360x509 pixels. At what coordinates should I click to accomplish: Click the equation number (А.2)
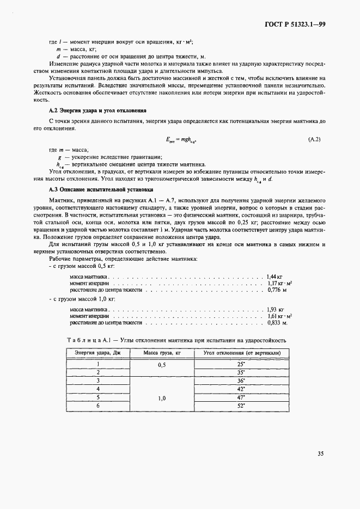(x=314, y=140)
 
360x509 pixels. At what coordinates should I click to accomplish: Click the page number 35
(x=320, y=453)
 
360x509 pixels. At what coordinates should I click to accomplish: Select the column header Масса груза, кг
(x=162, y=354)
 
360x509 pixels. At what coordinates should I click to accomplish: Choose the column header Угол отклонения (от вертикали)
(x=242, y=354)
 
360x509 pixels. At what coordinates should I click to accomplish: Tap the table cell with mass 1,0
(x=162, y=398)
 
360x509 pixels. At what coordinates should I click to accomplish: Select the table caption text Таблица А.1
(x=88, y=340)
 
